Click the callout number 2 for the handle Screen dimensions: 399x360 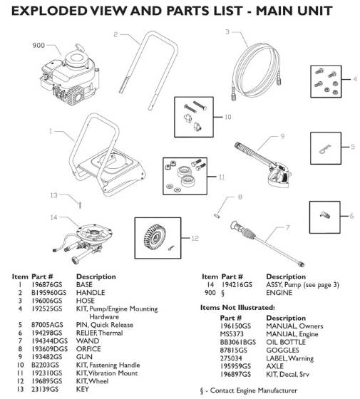[x=115, y=34]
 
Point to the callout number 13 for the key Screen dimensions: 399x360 [x=53, y=193]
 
